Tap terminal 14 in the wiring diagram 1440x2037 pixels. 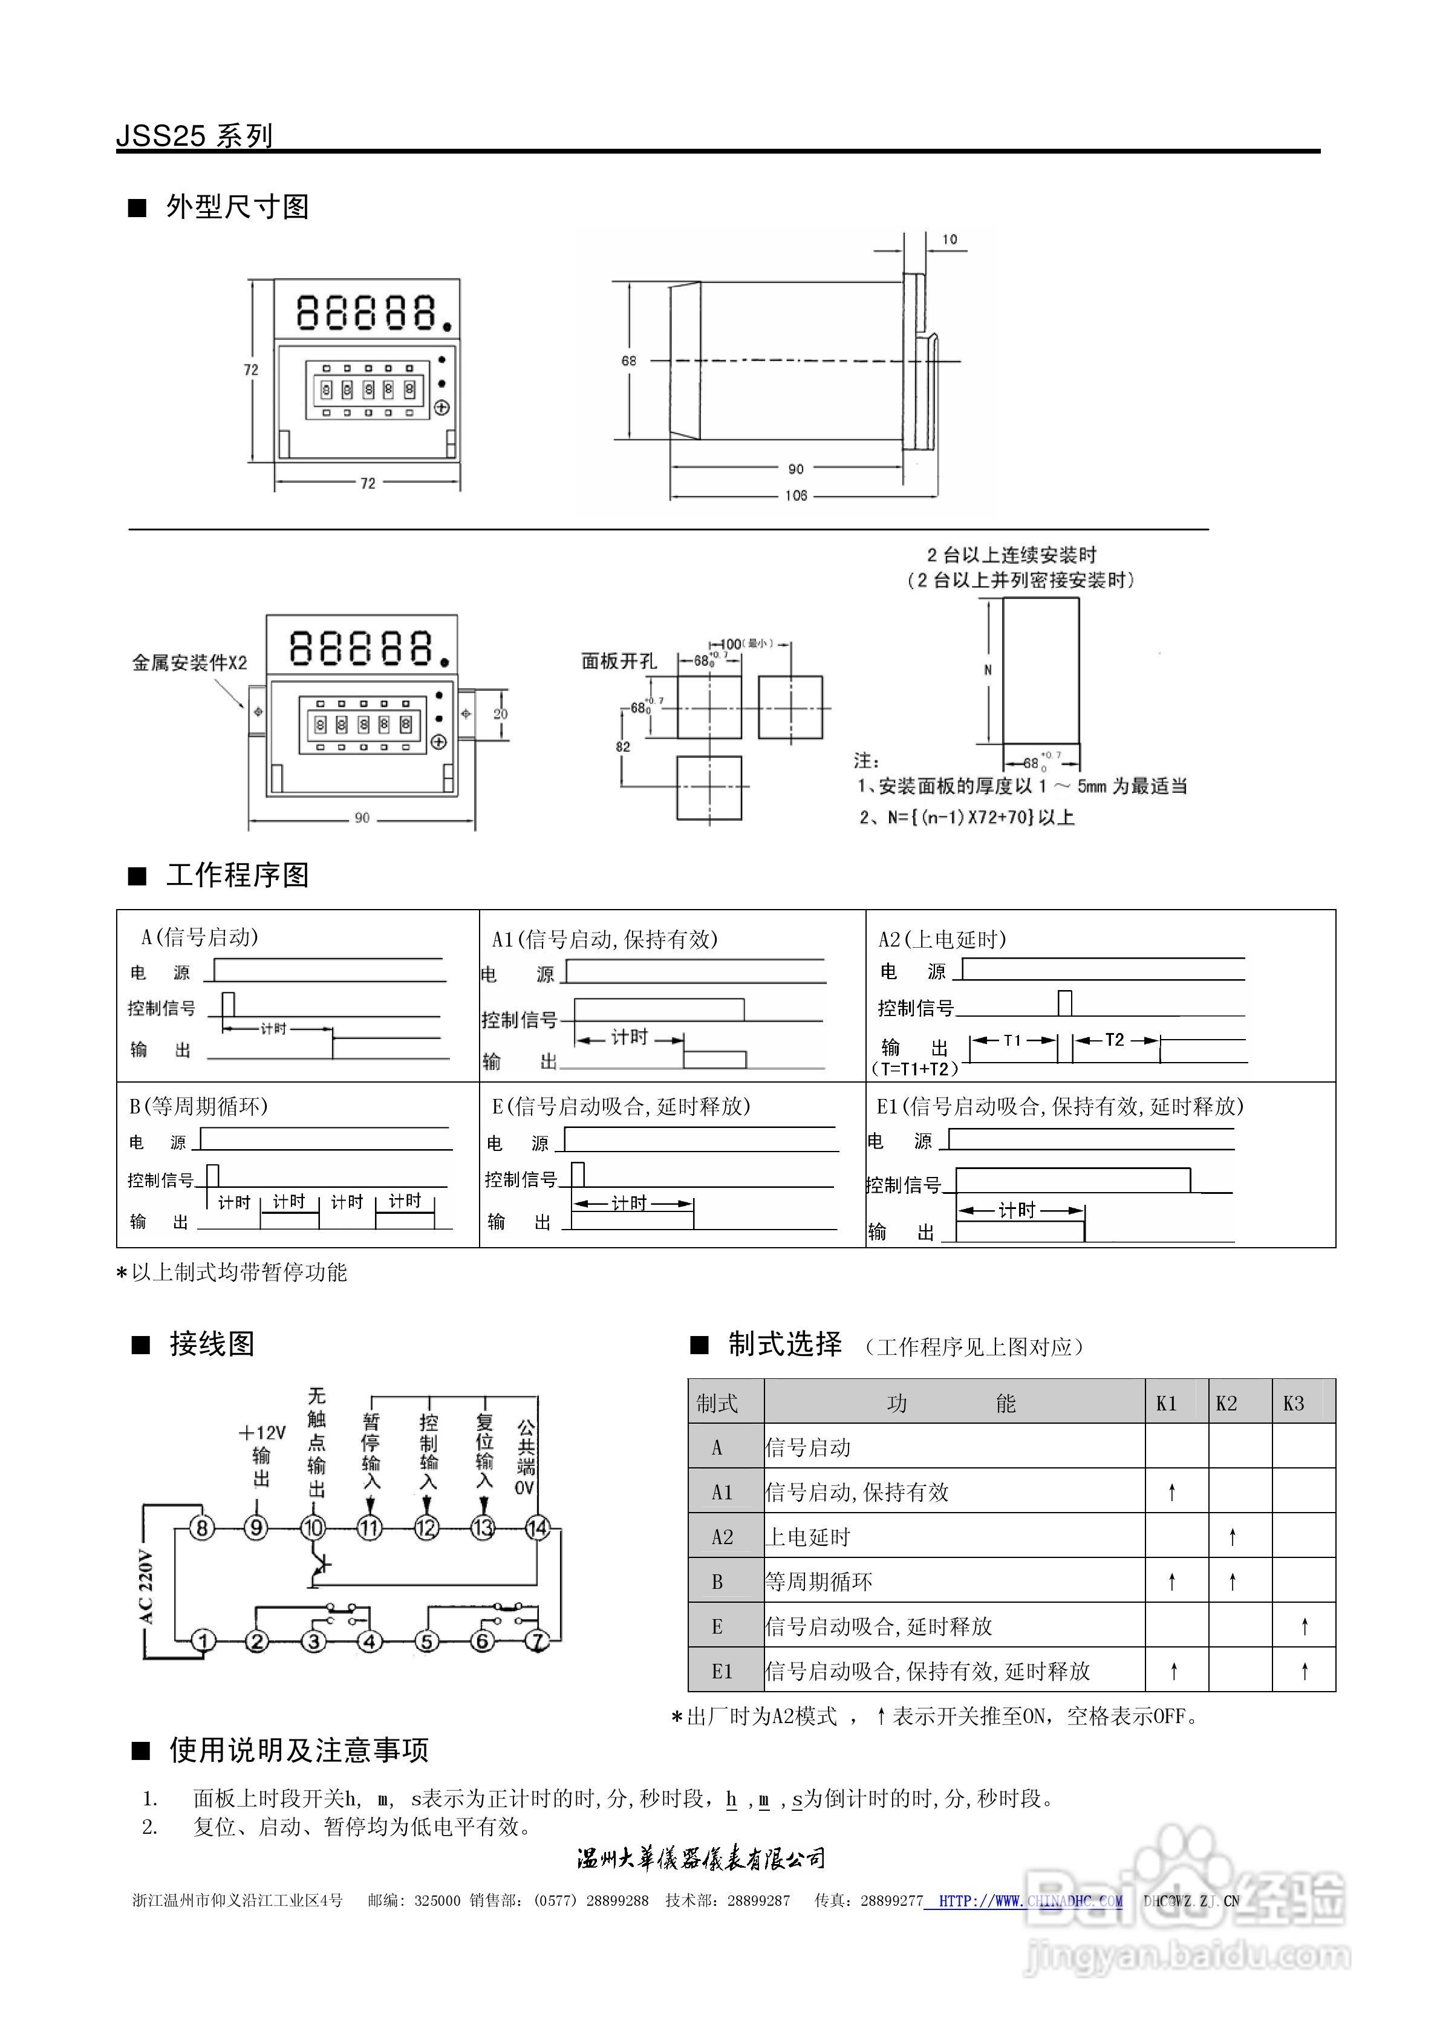point(538,1528)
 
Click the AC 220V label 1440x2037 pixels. point(146,1588)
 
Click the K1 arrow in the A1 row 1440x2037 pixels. point(1172,1492)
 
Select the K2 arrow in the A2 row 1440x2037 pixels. point(1233,1537)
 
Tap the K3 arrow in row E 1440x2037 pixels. point(1305,1626)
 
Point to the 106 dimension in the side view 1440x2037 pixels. point(796,495)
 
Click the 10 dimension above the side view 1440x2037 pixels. point(950,240)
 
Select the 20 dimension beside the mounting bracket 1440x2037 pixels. point(500,713)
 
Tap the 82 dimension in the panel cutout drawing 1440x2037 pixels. point(623,747)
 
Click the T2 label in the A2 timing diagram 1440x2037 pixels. point(1115,1040)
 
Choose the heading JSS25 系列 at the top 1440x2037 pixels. point(194,135)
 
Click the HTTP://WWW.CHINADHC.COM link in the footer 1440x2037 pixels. point(1030,1900)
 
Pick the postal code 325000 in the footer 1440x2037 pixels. point(437,1900)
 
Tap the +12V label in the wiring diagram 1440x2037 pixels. point(262,1433)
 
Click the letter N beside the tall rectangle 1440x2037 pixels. point(988,670)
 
